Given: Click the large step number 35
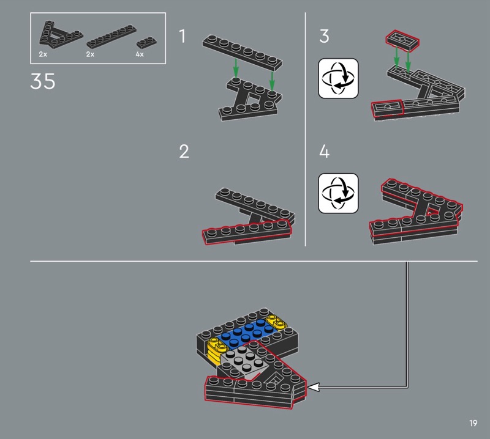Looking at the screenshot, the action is pyautogui.click(x=43, y=81).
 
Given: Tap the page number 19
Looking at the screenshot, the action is pyautogui.click(x=473, y=423).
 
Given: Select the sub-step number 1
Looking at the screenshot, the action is pyautogui.click(x=183, y=37).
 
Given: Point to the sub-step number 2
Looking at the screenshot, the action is pyautogui.click(x=184, y=152).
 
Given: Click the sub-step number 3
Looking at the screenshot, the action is pyautogui.click(x=324, y=37).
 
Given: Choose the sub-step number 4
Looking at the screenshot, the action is pyautogui.click(x=324, y=152).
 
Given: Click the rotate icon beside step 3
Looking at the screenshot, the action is pyautogui.click(x=338, y=78).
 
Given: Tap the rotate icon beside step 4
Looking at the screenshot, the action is pyautogui.click(x=338, y=193).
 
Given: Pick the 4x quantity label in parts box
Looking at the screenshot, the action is pyautogui.click(x=139, y=55).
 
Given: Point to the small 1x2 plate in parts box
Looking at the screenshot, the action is pyautogui.click(x=145, y=42).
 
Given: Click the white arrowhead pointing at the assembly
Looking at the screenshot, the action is pyautogui.click(x=313, y=387).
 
